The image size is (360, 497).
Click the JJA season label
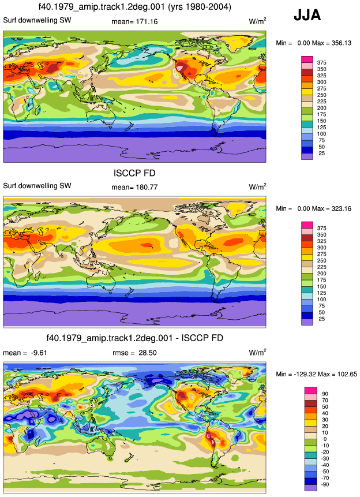point(307,15)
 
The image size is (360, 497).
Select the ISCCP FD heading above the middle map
point(134,173)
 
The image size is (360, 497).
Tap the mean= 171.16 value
point(134,21)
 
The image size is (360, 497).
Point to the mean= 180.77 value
point(134,187)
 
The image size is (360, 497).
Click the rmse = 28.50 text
point(134,353)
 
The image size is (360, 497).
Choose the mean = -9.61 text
point(25,353)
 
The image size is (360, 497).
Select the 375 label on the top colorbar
point(321,62)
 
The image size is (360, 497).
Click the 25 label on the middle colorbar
point(321,319)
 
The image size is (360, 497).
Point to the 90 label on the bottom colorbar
point(325,394)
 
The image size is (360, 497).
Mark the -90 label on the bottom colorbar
point(325,484)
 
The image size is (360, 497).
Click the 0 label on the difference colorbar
point(325,439)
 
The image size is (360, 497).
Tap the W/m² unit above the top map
point(257,21)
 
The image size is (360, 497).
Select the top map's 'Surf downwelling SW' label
point(37,20)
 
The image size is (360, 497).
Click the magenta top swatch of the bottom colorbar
point(310,390)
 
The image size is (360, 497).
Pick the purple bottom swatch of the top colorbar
point(307,156)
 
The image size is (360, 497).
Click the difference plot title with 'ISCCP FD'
point(134,338)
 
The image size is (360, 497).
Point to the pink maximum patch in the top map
point(179,67)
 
